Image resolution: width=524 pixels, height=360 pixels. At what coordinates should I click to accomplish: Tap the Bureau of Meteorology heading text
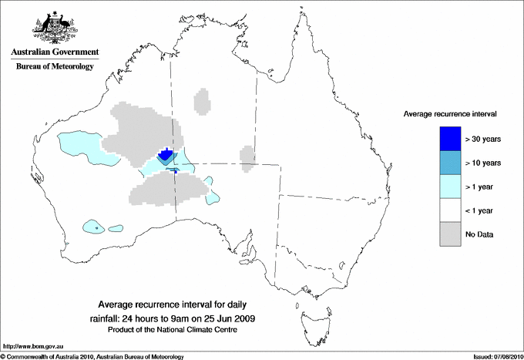click(54, 67)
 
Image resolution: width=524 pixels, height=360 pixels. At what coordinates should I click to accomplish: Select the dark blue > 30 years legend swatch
click(450, 139)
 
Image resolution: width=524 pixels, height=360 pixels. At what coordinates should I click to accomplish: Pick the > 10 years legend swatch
click(450, 163)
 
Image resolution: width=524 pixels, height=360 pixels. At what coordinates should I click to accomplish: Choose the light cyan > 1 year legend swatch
click(450, 187)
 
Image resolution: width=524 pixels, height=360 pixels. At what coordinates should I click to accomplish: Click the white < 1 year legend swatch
click(450, 210)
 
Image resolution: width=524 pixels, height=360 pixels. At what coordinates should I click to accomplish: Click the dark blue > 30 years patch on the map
click(164, 155)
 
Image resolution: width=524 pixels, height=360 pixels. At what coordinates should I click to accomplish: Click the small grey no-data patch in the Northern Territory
click(202, 101)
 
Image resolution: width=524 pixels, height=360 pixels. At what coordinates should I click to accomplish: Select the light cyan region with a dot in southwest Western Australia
click(95, 227)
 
